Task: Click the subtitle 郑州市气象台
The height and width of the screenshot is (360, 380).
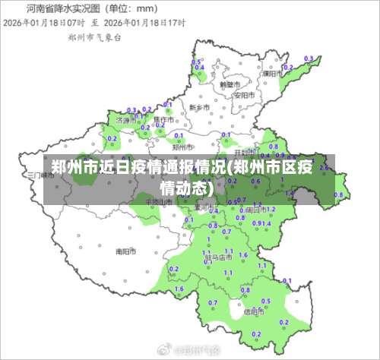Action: pos(94,36)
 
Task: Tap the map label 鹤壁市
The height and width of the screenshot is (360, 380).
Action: pos(229,85)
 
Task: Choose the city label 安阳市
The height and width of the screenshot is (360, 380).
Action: pos(245,96)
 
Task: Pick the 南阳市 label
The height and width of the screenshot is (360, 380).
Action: pos(125,251)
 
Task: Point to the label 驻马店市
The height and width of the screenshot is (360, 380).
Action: pos(219,257)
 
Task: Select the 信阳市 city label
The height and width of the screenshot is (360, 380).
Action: pos(254,311)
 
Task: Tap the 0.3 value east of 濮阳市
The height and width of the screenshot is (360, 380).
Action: pos(309,58)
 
